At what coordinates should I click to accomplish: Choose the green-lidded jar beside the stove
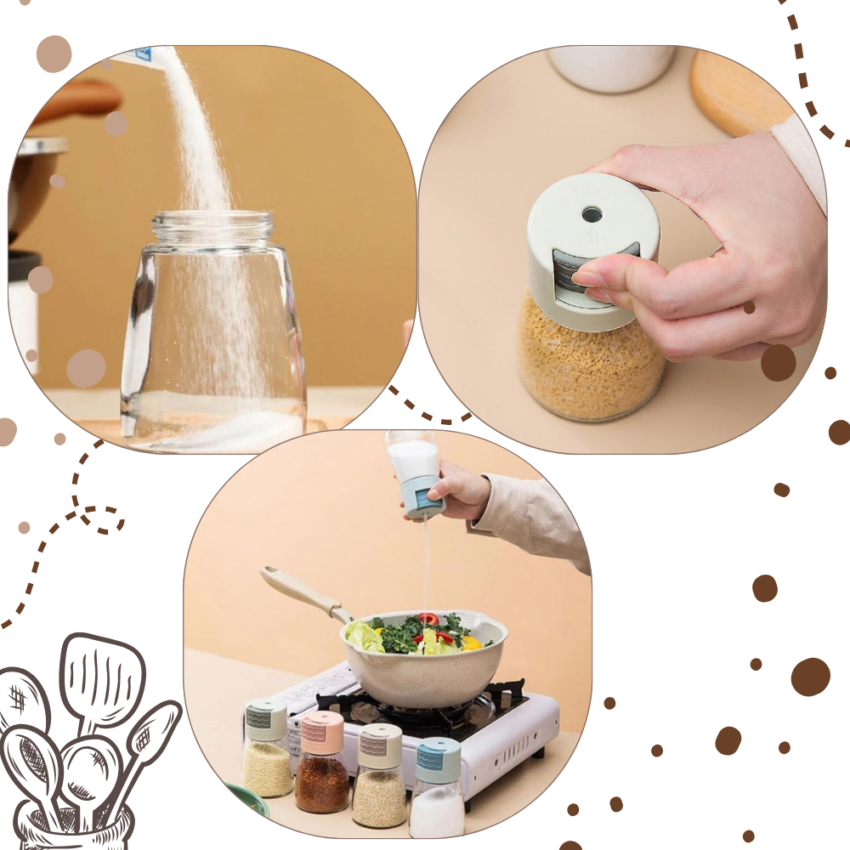tap(267, 748)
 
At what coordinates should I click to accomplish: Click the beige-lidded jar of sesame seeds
tap(379, 773)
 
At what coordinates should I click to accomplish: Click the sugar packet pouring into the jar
tap(136, 55)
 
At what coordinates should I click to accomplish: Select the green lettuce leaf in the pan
tap(364, 636)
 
